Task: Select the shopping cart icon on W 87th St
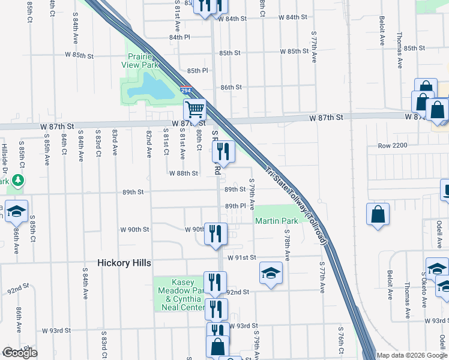pos(194,110)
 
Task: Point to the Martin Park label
pos(277,221)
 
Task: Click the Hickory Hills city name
pos(124,263)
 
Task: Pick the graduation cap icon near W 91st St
pos(271,272)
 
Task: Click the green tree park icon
pos(18,179)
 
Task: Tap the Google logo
pos(20,353)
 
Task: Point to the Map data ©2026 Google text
pos(411,355)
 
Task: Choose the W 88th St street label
pos(184,173)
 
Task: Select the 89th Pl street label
pos(236,206)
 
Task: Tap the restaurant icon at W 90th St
pos(215,233)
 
